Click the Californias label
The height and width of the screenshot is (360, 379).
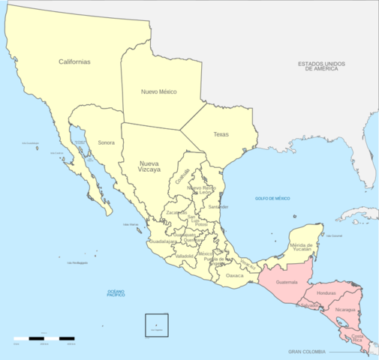coord(74,61)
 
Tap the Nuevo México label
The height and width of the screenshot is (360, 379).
coord(158,91)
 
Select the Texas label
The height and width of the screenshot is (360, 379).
coord(221,134)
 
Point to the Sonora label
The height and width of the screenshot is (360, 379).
coord(106,142)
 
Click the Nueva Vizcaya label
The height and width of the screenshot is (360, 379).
coord(149,166)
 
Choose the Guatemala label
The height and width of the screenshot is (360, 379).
coord(287,282)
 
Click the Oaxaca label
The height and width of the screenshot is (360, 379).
coord(235,275)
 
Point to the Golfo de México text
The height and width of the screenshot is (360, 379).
coord(272,198)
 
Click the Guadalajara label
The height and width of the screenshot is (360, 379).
coord(163,241)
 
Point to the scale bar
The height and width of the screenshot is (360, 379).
coord(44,338)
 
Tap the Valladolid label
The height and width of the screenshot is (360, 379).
coord(185,256)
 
